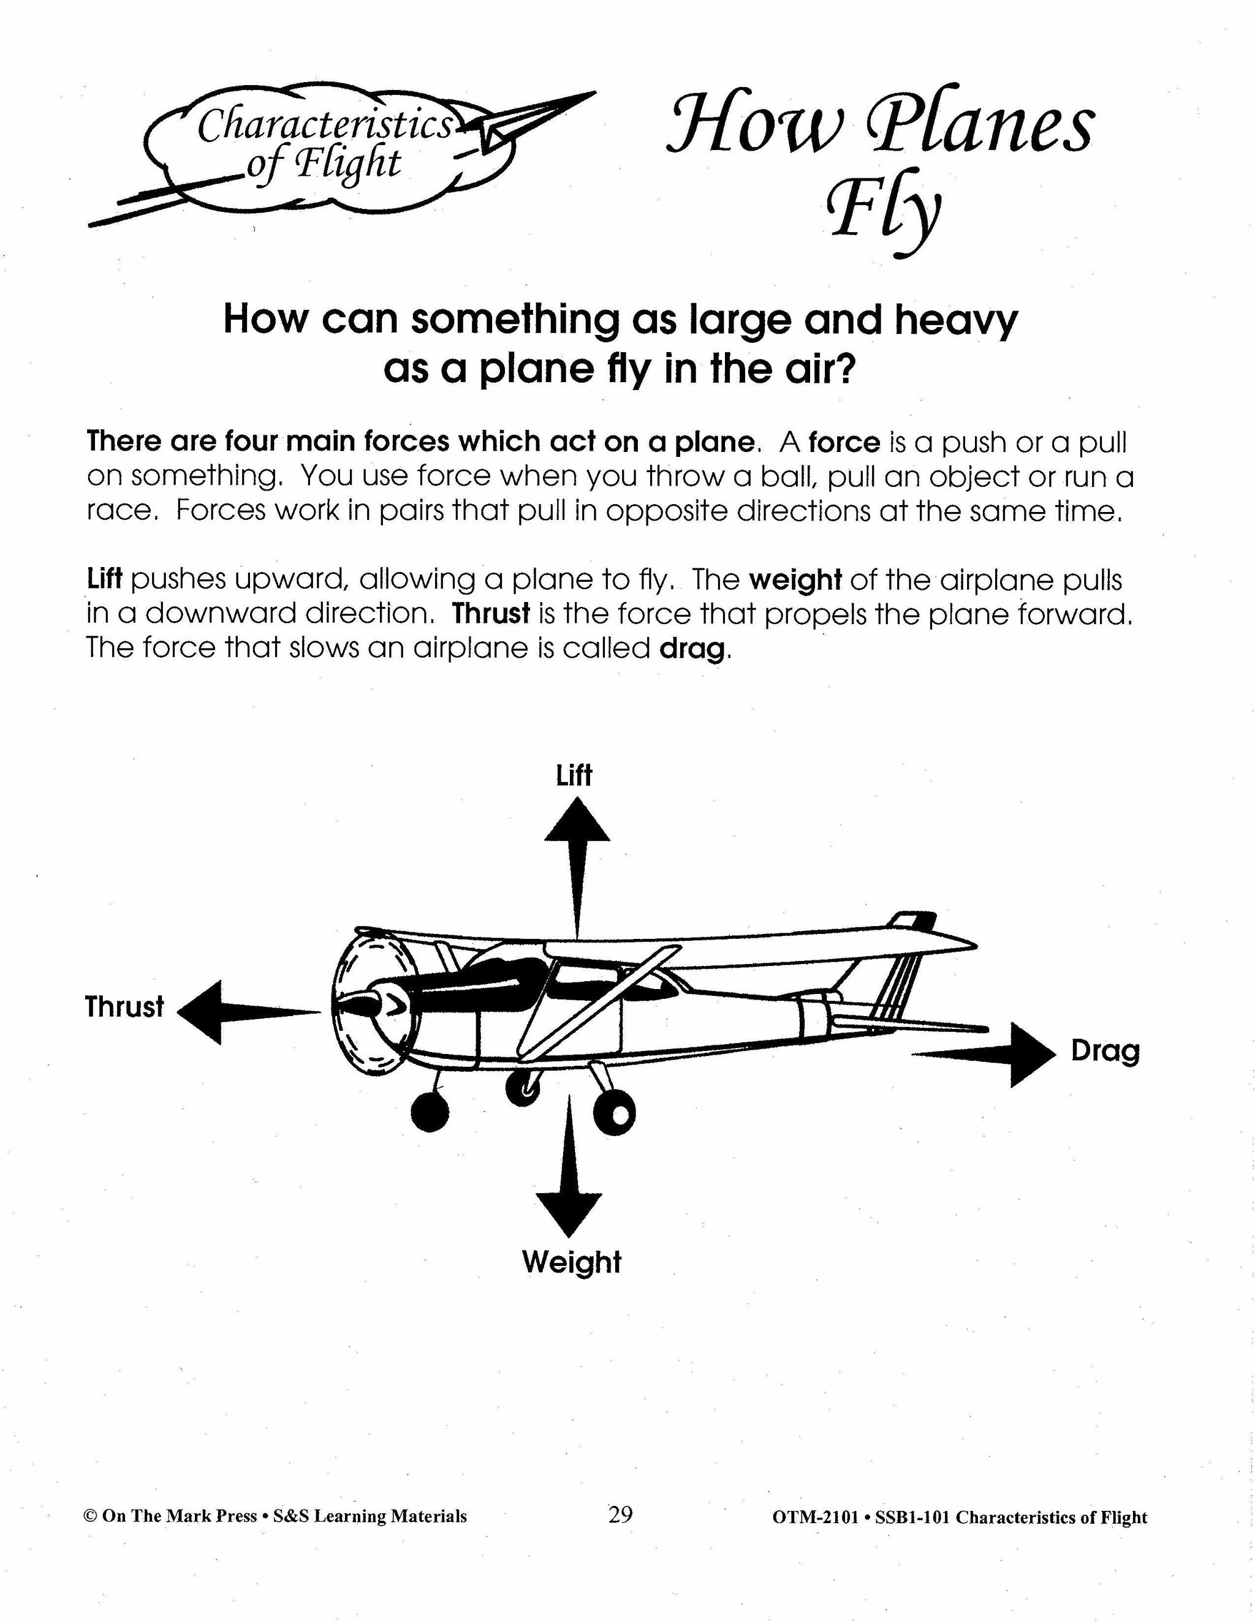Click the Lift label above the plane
pos(574,776)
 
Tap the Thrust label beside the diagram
pos(124,1007)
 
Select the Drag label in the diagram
pos(1105,1052)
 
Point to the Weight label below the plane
pos(571,1262)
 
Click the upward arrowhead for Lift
pos(577,822)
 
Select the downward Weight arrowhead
pos(569,1213)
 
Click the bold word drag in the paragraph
pos(691,649)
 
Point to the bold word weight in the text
pos(795,579)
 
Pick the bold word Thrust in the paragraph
pos(491,614)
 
